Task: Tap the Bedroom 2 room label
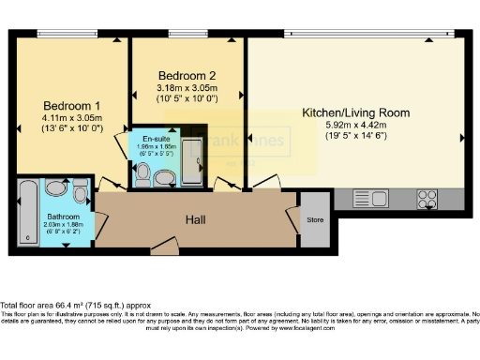[187, 76]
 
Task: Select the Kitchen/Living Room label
[355, 112]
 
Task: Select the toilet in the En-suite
[142, 173]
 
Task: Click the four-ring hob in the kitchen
[427, 198]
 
